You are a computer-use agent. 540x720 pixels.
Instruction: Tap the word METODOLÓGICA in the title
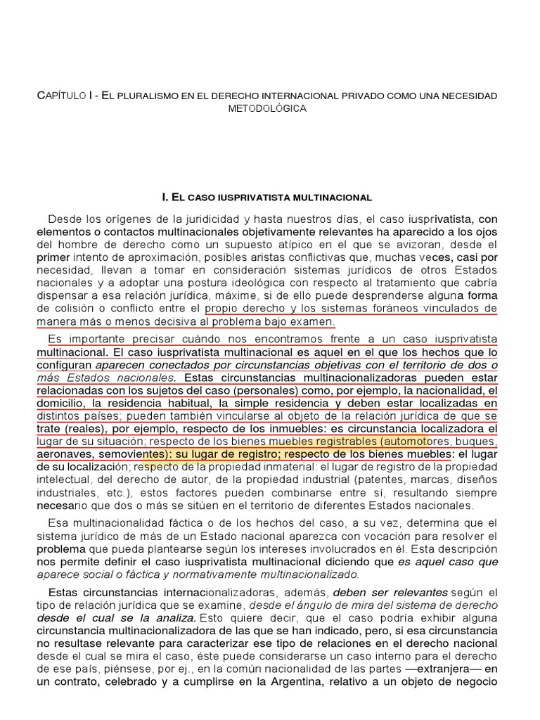tap(267, 108)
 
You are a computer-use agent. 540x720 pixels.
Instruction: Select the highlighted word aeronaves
tap(64, 454)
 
